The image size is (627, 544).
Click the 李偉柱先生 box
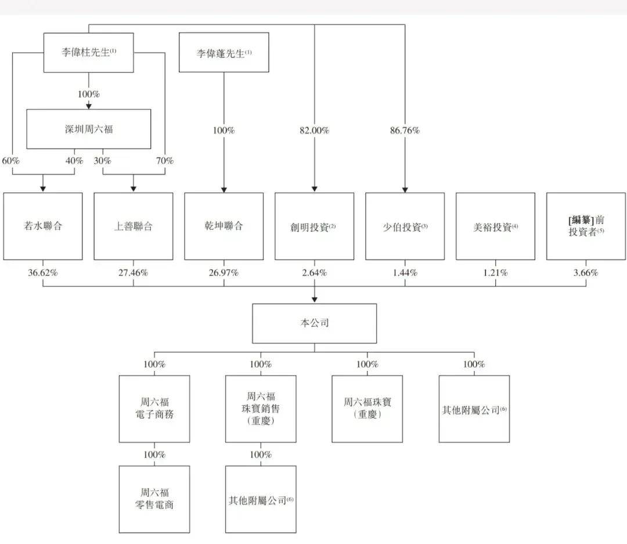(x=88, y=52)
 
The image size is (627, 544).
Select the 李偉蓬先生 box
(x=224, y=52)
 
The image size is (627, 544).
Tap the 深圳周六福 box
(x=89, y=129)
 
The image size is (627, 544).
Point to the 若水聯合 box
(x=43, y=226)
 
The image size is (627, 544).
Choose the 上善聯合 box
(x=134, y=226)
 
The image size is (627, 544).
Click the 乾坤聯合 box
(x=224, y=226)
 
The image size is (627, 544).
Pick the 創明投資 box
(x=314, y=226)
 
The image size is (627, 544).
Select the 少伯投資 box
(x=405, y=226)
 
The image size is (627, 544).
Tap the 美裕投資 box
(x=495, y=226)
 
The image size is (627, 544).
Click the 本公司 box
(x=314, y=323)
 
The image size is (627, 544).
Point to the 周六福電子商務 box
(x=154, y=409)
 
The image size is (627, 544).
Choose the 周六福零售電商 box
(x=154, y=499)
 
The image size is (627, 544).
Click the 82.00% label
(x=314, y=131)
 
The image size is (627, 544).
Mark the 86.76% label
(x=405, y=131)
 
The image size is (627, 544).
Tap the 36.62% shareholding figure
(x=43, y=273)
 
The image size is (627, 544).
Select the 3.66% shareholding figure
(x=586, y=273)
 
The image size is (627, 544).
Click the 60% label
(x=11, y=161)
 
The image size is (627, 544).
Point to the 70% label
(x=165, y=161)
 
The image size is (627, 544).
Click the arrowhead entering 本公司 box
(x=314, y=300)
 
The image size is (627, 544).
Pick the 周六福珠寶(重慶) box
(x=367, y=409)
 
